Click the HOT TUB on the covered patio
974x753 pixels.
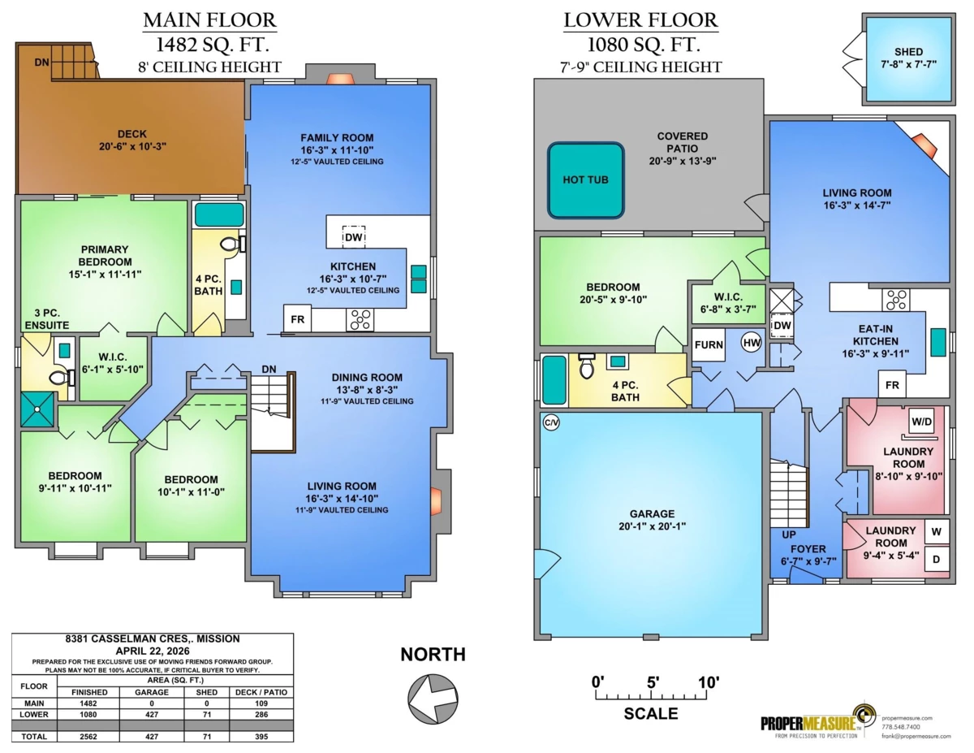585,180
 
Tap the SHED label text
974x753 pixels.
908,51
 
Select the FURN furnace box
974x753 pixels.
709,345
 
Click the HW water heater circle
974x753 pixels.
752,343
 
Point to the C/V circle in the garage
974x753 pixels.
551,422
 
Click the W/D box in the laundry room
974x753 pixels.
921,422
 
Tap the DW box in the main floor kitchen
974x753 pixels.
354,237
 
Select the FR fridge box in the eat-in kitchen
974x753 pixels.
892,385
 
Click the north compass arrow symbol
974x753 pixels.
433,699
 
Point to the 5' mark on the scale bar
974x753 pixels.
653,683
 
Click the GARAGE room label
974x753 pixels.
652,514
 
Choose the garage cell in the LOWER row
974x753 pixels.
152,715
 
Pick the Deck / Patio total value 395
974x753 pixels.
261,737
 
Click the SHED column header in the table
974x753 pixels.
207,692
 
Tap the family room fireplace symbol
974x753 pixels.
341,80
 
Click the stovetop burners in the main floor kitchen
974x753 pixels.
360,320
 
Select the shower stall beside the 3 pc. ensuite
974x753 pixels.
37,409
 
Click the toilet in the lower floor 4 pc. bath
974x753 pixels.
586,366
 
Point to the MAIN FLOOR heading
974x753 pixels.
209,20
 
